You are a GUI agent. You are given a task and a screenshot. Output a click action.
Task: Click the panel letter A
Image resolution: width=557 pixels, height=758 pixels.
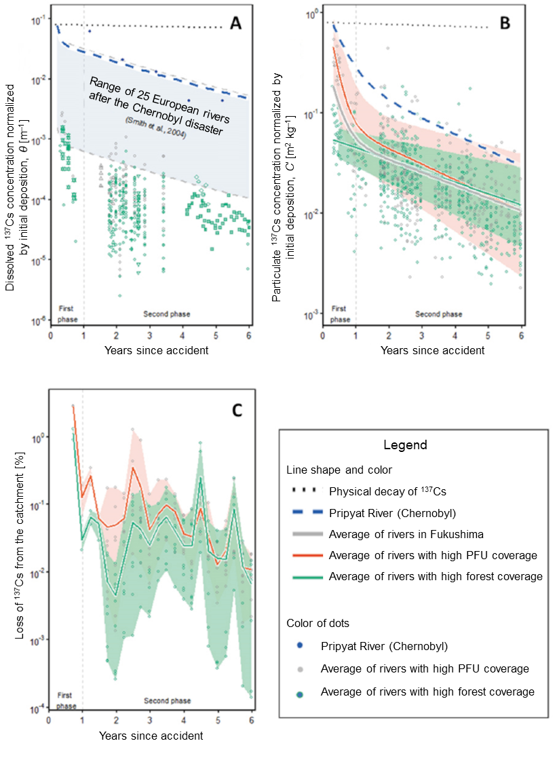[235, 24]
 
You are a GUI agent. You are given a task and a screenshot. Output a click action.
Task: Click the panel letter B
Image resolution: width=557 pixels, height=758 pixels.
[505, 24]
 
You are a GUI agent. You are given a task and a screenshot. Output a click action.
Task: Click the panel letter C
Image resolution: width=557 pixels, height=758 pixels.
[237, 410]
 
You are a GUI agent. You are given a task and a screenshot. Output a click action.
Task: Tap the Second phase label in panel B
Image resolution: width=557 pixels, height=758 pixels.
[438, 314]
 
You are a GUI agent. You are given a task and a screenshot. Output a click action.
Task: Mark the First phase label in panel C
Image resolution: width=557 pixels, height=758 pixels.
[66, 702]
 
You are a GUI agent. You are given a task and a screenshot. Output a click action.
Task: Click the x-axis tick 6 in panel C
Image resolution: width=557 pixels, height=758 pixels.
[252, 720]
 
